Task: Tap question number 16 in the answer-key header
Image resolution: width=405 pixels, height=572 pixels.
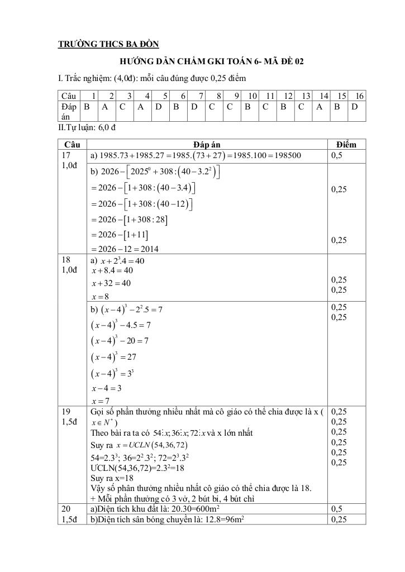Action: point(360,96)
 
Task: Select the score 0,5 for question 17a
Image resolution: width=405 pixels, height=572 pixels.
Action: point(337,156)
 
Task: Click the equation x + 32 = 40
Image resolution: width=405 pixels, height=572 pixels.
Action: point(111,283)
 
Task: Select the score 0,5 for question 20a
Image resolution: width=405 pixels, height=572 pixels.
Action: point(337,509)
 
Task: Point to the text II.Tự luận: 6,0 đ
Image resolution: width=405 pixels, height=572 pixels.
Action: point(87,128)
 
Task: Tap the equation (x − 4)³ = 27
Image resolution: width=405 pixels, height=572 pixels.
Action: point(112,357)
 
